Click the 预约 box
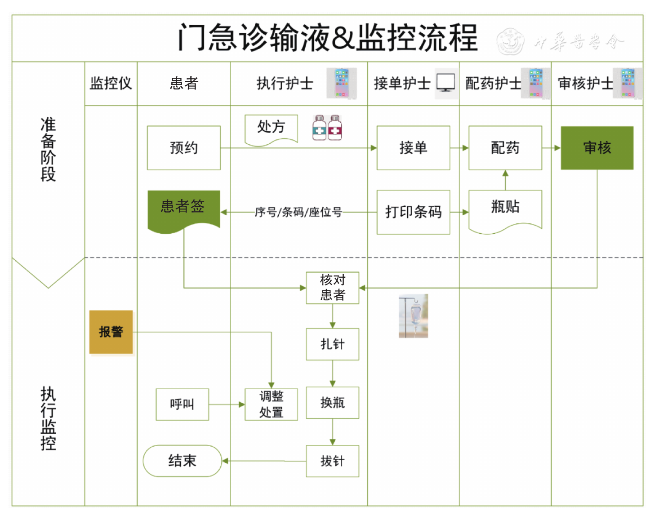point(184,148)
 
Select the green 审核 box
point(597,148)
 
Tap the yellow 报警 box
point(111,332)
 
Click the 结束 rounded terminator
point(183,461)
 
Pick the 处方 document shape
point(271,129)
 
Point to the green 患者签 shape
point(183,209)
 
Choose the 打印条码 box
point(413,212)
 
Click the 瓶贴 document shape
point(505,209)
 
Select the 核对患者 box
point(333,288)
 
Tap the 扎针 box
point(333,344)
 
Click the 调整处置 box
point(271,404)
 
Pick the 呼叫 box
point(182,404)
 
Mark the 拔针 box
point(333,461)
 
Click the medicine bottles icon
point(327,128)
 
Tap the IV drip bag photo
point(414,316)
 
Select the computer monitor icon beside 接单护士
point(446,83)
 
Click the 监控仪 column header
point(111,83)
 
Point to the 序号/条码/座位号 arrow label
point(298,212)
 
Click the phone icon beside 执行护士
point(342,83)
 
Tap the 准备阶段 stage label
point(48,149)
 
